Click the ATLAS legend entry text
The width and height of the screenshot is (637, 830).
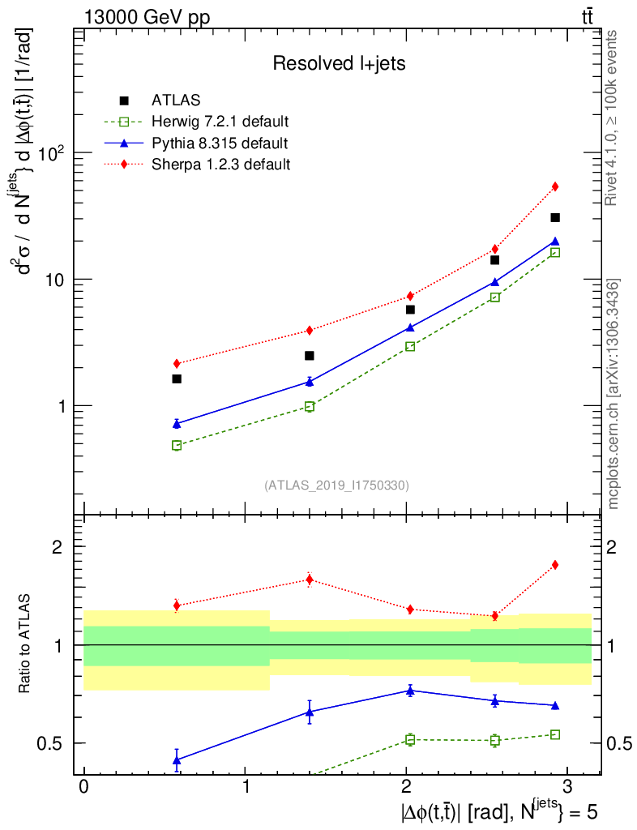point(176,101)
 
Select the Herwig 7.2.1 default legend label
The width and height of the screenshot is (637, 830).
point(220,122)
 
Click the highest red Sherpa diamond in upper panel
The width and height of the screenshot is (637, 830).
point(555,186)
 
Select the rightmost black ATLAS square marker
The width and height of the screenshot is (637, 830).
point(555,217)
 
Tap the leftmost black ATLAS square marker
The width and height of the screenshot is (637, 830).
point(177,379)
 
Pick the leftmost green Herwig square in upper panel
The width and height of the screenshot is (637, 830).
point(177,445)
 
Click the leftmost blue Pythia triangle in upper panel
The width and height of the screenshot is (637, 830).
point(177,423)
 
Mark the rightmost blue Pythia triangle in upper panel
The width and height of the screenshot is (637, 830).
point(555,241)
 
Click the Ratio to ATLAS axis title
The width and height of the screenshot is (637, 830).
point(25,644)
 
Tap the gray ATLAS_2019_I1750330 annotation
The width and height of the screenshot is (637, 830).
point(336,486)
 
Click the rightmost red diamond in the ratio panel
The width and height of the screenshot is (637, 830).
point(555,564)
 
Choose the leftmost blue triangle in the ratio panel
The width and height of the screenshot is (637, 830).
point(177,759)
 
